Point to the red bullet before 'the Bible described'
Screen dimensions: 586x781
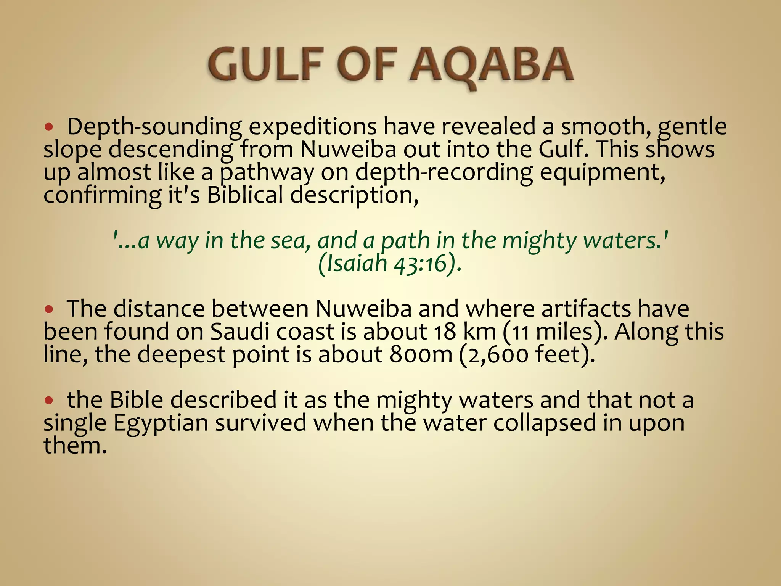[x=48, y=400]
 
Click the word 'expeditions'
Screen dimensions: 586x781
[x=313, y=127]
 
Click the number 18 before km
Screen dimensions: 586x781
[x=444, y=332]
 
